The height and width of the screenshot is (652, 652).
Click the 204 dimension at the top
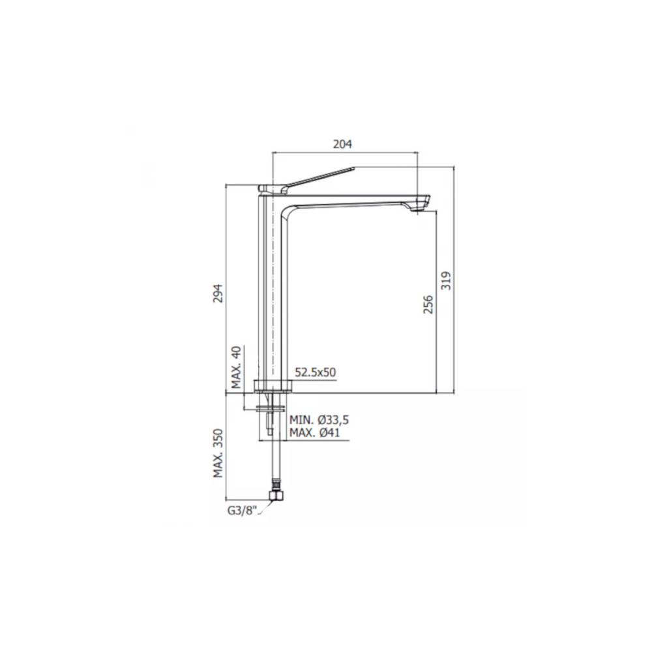click(344, 145)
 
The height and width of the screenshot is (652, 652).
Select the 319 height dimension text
click(447, 280)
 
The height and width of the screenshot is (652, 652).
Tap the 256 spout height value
click(428, 304)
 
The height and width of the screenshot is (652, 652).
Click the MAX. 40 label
click(237, 366)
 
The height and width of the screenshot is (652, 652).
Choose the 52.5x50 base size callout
click(315, 372)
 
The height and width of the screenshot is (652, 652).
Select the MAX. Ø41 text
click(315, 433)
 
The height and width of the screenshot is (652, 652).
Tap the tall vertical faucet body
click(273, 293)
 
